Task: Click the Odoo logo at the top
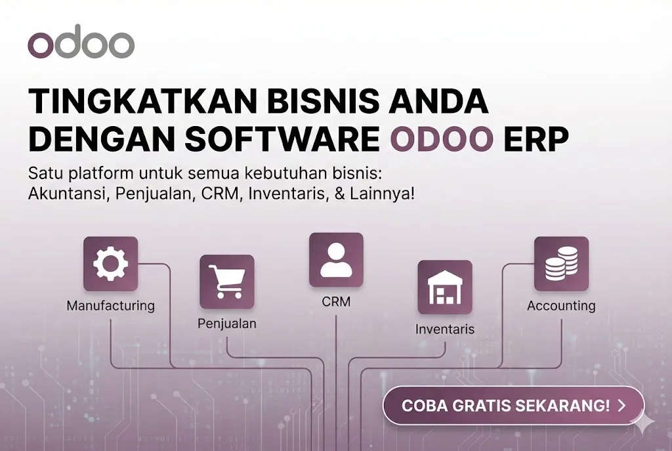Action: point(81,44)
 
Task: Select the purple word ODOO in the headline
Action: point(442,139)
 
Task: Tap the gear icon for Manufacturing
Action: point(110,264)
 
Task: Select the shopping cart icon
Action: point(226,282)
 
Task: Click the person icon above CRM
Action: point(336,259)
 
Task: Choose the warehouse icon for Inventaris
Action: point(445,287)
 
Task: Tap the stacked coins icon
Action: point(561,264)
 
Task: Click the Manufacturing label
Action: point(110,306)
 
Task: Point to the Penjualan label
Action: point(227,324)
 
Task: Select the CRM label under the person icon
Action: point(336,302)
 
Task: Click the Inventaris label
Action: point(445,329)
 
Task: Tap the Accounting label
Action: point(561,306)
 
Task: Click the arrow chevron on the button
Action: point(621,406)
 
